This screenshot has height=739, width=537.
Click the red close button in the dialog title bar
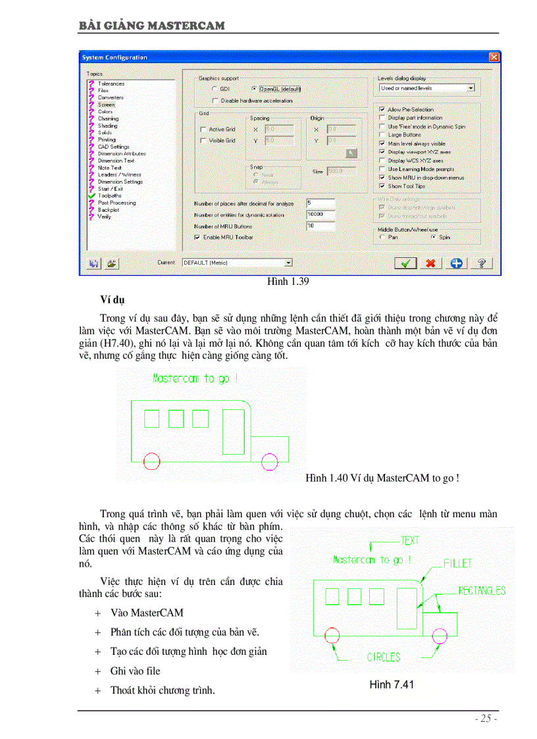[x=494, y=57]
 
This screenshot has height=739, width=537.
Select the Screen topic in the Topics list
[x=106, y=105]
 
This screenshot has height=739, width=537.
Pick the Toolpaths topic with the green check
[x=109, y=195]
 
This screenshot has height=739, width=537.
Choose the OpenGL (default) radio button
[x=254, y=88]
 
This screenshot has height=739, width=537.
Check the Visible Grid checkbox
[x=203, y=141]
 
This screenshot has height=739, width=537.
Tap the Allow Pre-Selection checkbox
[x=383, y=110]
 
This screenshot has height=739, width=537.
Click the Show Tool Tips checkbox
[x=383, y=186]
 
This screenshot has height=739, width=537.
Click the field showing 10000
[x=320, y=215]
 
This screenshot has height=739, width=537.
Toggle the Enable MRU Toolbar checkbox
[x=197, y=237]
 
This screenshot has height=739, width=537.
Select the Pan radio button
[x=383, y=237]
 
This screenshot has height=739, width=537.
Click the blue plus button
[x=456, y=263]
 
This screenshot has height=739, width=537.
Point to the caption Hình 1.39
[x=288, y=282]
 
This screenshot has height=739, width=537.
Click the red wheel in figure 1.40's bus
[x=151, y=461]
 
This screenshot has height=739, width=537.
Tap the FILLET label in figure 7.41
[x=457, y=564]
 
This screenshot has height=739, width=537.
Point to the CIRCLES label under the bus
[x=384, y=657]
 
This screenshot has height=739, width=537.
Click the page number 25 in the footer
[x=486, y=719]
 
